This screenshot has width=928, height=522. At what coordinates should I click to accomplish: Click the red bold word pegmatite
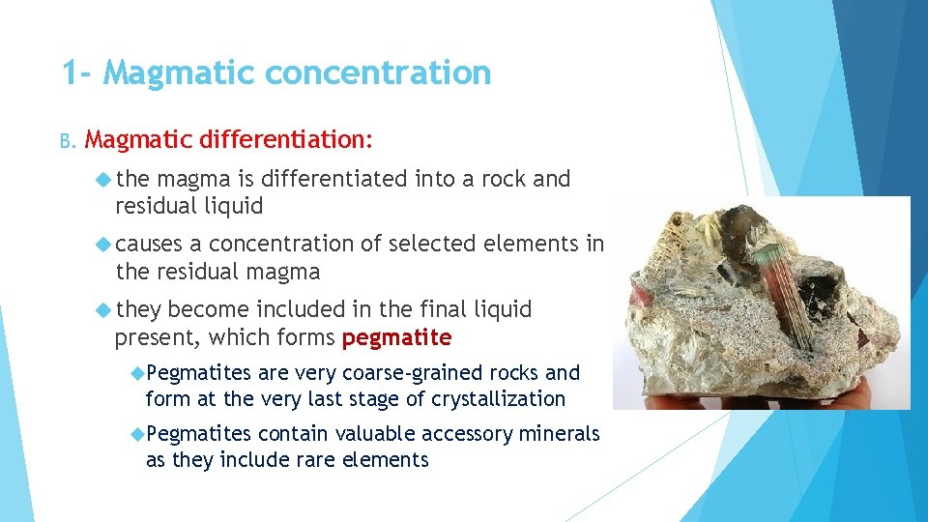click(396, 337)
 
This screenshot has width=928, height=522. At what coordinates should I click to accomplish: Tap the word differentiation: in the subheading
click(285, 139)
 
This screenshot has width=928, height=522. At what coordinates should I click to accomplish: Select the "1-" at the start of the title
click(77, 72)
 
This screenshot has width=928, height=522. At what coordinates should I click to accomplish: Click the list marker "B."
click(68, 141)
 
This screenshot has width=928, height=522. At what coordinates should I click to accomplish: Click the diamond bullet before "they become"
click(104, 309)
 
